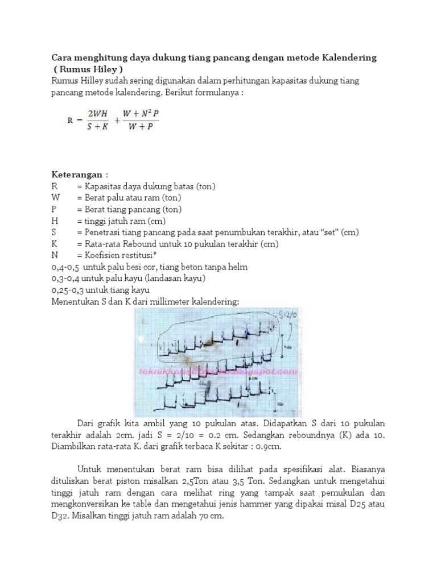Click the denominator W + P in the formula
tap(140, 127)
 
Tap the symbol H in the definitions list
tap(55, 221)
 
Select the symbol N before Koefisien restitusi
tap(55, 255)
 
